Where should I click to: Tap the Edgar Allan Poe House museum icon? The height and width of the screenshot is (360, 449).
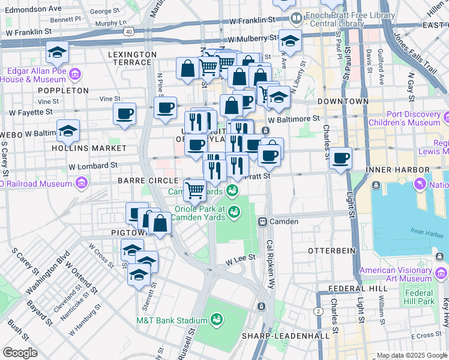[x=74, y=74]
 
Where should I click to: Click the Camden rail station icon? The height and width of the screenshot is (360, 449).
[x=262, y=221]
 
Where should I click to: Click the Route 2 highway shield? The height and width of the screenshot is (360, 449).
[x=317, y=311]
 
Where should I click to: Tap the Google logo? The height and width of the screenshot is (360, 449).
[x=20, y=352]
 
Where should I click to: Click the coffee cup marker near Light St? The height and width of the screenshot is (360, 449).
[x=341, y=158]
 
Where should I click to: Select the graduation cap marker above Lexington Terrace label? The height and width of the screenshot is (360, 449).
[x=58, y=52]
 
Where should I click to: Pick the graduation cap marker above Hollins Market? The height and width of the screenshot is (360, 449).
[x=68, y=131]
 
